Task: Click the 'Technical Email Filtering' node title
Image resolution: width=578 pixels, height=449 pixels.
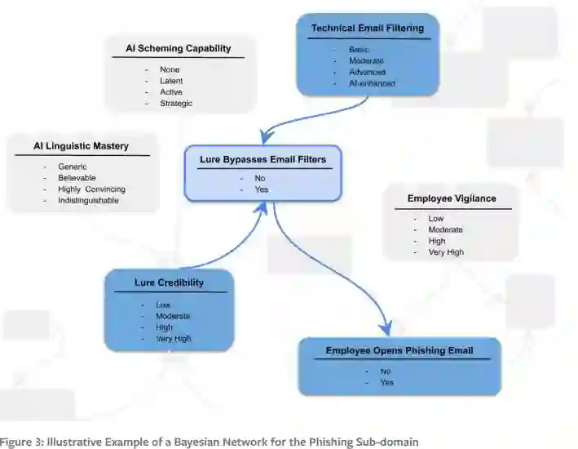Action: point(367,29)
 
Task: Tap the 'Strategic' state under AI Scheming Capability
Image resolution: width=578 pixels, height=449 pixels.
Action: point(176,104)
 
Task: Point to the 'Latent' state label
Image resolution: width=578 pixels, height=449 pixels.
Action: point(171,81)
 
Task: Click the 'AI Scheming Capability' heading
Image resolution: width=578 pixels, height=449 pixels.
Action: point(179,48)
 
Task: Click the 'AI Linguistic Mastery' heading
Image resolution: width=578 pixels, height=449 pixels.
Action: point(82,146)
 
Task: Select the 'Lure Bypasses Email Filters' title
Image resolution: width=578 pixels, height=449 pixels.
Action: point(262,159)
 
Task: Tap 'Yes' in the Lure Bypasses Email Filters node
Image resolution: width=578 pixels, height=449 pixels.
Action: point(262,189)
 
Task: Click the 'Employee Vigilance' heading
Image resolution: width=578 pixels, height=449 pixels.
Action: point(451,198)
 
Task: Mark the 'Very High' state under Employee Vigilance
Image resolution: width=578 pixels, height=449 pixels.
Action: point(446,252)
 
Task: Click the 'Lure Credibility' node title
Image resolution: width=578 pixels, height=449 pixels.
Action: point(169,283)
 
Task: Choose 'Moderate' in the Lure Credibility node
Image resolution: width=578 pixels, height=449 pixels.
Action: point(173,316)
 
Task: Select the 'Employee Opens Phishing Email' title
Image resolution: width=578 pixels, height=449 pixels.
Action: point(399,351)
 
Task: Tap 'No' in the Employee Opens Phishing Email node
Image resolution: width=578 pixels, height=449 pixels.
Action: point(386,371)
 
